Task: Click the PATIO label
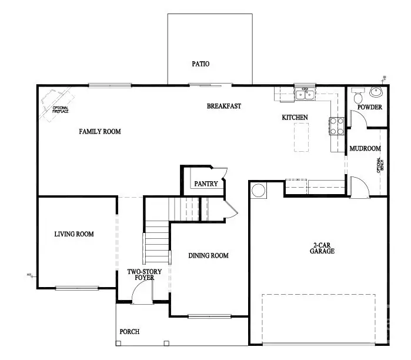point(201,64)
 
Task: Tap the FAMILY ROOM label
point(100,132)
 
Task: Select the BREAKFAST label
point(224,106)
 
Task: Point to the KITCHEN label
point(295,118)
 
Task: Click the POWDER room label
point(370,108)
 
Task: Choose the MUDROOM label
point(365,149)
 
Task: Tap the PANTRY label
point(206,184)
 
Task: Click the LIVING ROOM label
point(74,234)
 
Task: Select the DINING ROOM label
point(208,256)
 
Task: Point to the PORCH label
point(129,332)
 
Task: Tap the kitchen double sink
point(305,94)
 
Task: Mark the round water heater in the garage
point(258,190)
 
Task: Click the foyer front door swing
point(142,292)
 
